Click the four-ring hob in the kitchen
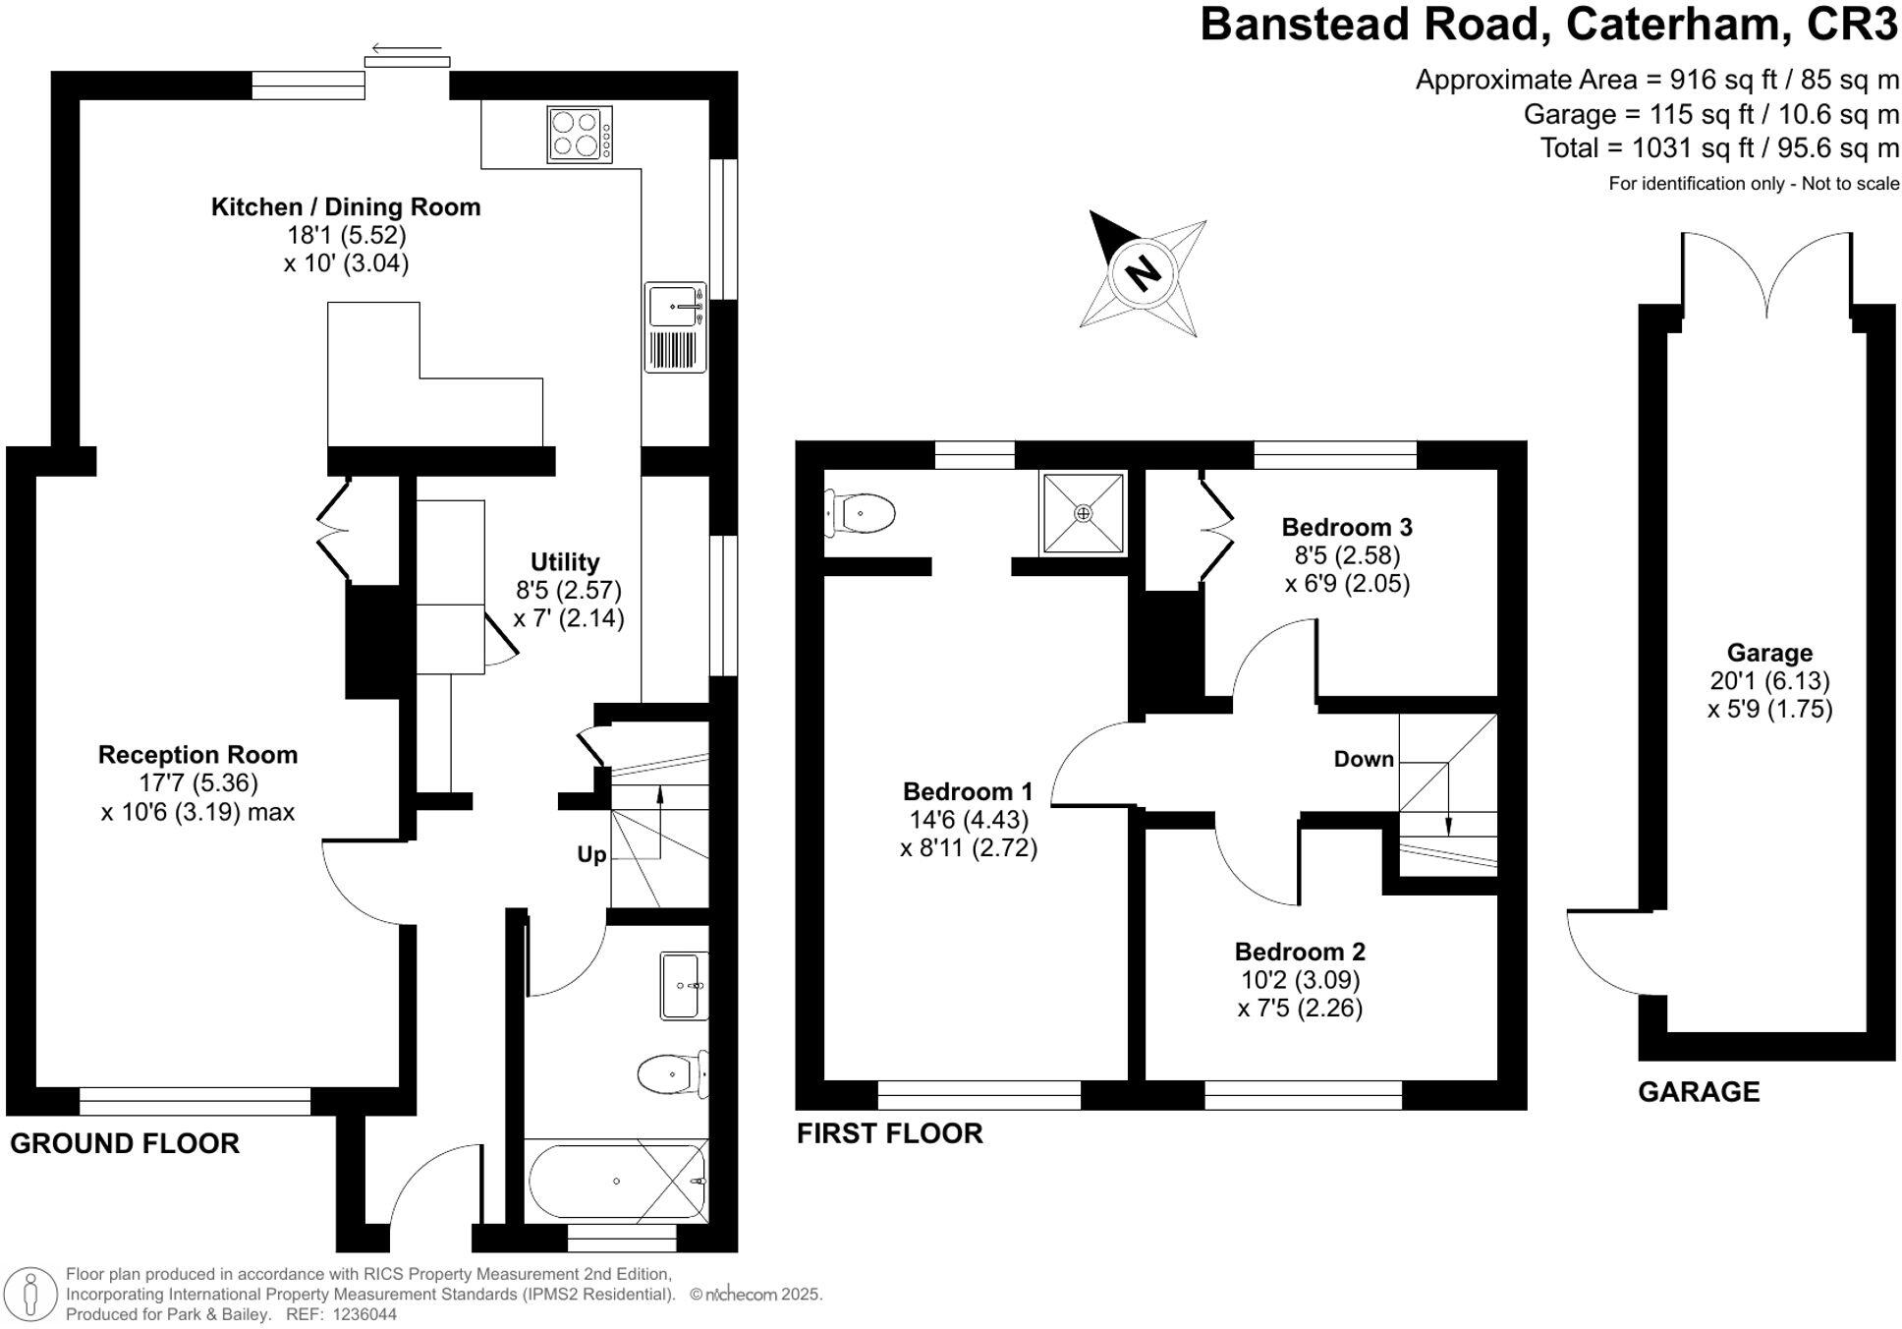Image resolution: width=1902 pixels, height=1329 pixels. (579, 135)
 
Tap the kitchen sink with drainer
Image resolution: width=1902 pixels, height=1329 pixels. (675, 327)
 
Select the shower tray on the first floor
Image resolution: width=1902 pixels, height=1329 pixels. (1083, 513)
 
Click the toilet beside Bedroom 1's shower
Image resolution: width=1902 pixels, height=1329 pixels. (860, 513)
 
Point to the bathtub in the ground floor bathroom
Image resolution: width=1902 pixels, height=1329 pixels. (616, 1181)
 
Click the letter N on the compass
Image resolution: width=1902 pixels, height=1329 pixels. (1142, 270)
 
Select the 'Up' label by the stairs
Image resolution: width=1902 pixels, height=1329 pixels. (591, 855)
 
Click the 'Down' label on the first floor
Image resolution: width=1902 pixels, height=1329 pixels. (1364, 759)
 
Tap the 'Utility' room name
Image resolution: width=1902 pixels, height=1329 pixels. (564, 562)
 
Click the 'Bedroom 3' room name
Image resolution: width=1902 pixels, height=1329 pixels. (1347, 527)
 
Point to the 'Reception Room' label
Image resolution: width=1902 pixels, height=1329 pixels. (197, 755)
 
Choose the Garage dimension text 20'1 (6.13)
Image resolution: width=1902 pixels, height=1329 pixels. (1769, 681)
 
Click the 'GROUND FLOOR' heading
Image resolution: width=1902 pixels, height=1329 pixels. (125, 1143)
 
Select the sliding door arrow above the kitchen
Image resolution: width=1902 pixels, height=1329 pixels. (407, 48)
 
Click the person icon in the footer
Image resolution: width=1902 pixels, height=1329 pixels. (31, 1293)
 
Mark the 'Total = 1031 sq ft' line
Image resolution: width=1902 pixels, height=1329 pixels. (1718, 148)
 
